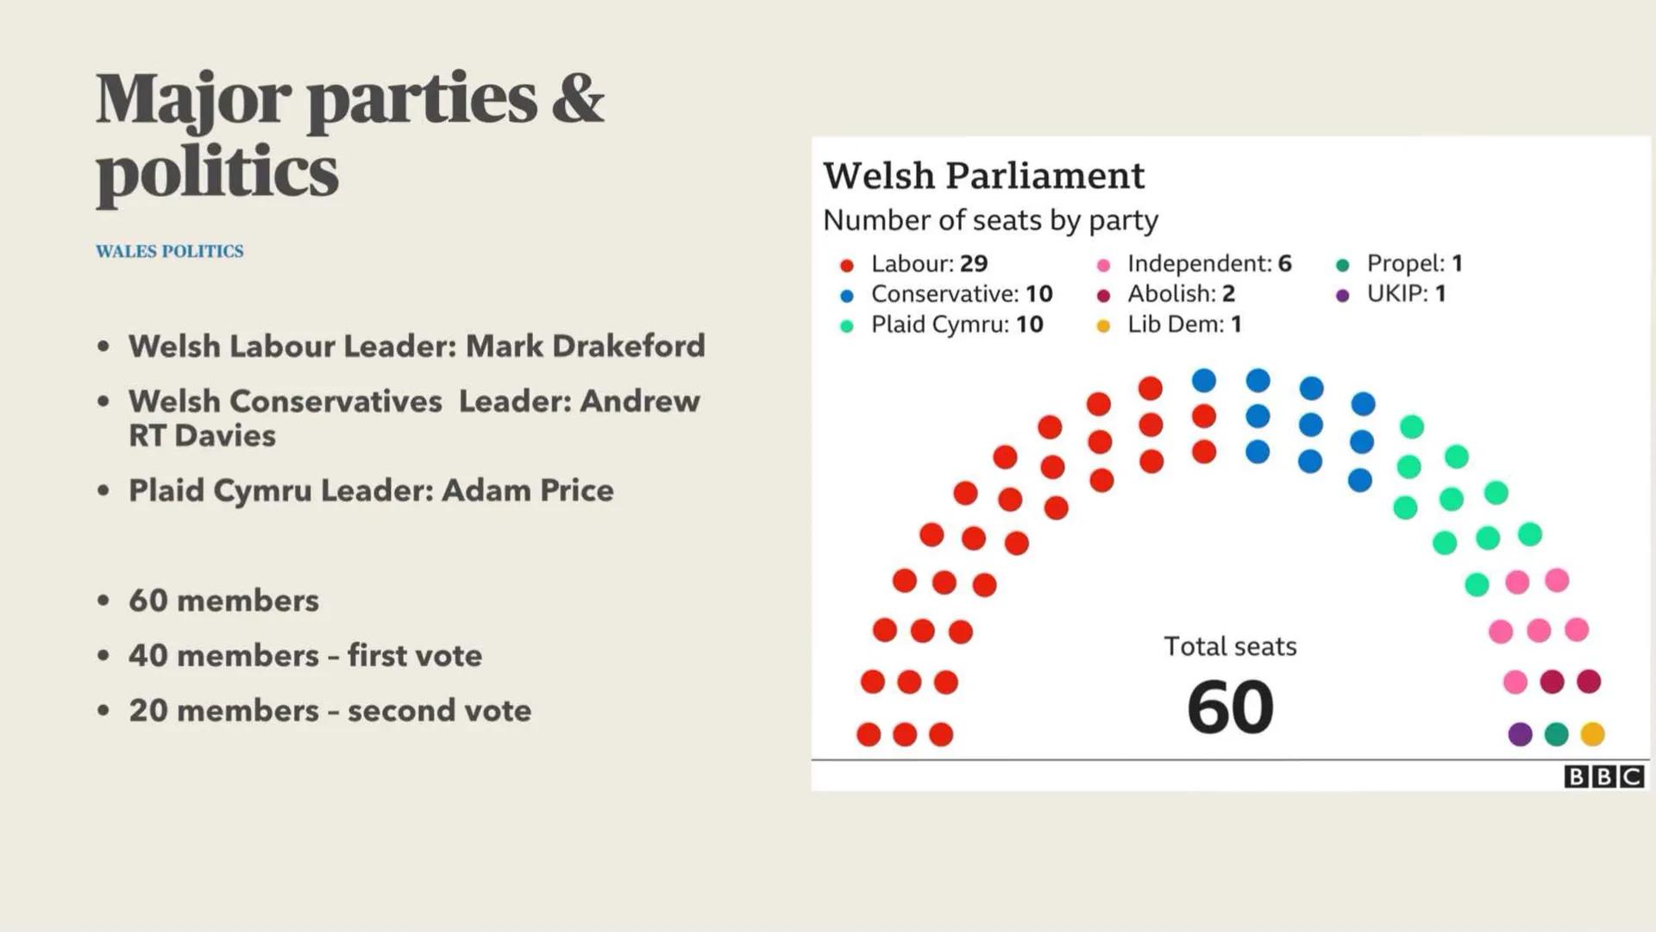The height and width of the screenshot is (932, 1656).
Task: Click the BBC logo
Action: point(1603,777)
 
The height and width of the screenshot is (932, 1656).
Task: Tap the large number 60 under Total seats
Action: point(1230,708)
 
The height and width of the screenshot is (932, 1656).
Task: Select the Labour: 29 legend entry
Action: point(928,264)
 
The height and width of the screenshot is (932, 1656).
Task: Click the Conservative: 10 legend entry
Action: point(961,294)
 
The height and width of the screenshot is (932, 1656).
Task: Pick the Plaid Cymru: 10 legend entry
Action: point(956,324)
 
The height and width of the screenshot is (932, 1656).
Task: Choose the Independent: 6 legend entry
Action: point(1208,264)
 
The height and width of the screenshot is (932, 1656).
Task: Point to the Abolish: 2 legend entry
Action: point(1180,294)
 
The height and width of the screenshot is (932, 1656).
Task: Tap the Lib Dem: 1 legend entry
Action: point(1183,324)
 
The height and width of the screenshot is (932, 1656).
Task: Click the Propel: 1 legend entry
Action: point(1414,264)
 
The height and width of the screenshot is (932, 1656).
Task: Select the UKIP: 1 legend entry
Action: point(1405,294)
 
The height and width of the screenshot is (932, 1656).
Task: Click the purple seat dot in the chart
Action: point(1520,734)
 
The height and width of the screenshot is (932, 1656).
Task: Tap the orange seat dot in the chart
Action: point(1592,734)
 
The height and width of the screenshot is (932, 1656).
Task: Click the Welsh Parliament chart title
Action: point(983,176)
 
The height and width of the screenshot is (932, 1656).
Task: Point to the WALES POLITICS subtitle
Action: point(170,251)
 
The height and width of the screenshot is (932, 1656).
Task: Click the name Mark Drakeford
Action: point(585,346)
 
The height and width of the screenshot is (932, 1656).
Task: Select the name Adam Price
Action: point(527,490)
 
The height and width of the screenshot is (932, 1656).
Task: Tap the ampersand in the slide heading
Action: point(577,99)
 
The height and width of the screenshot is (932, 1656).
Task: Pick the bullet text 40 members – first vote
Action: point(305,656)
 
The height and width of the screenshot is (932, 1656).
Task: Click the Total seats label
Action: point(1230,646)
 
